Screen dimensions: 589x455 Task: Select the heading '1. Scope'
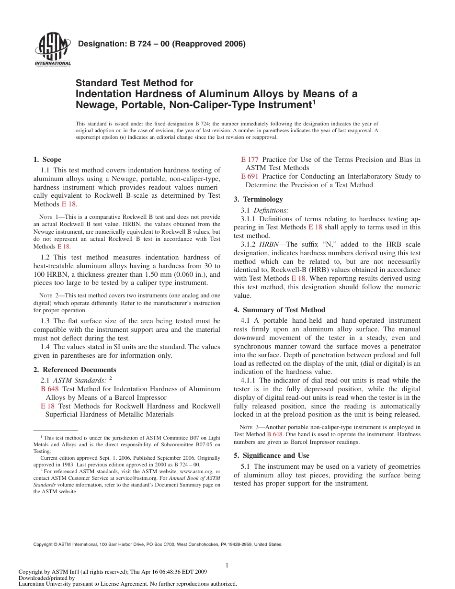(47, 159)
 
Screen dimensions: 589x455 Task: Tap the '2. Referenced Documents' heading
(75, 370)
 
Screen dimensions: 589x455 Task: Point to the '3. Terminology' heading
(258, 199)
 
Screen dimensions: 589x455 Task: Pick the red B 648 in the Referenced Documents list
(50, 389)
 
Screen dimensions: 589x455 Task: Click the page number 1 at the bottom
(227, 566)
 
